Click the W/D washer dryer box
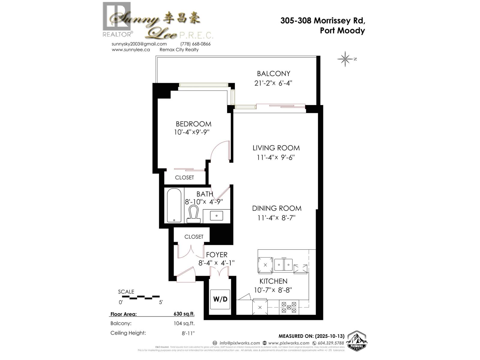click(x=220, y=299)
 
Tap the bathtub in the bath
click(x=174, y=205)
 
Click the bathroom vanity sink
click(x=216, y=215)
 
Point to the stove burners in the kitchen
click(x=289, y=307)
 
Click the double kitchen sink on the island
click(x=283, y=265)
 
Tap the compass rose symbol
click(x=345, y=59)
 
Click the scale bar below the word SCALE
click(x=140, y=297)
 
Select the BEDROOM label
click(x=193, y=124)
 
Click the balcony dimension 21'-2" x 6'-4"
click(x=273, y=83)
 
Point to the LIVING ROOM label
click(x=276, y=148)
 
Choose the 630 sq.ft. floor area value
click(x=184, y=314)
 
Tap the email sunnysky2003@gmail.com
click(x=139, y=44)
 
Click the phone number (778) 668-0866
click(x=195, y=44)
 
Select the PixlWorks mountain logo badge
click(x=357, y=341)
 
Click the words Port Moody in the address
click(x=342, y=31)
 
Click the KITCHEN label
click(x=273, y=281)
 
